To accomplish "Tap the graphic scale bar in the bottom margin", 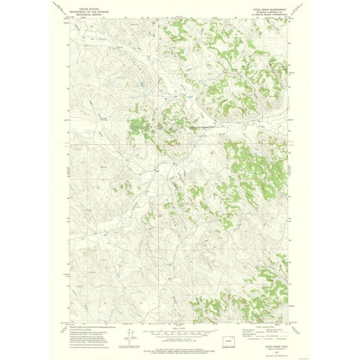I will click(179, 331).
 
